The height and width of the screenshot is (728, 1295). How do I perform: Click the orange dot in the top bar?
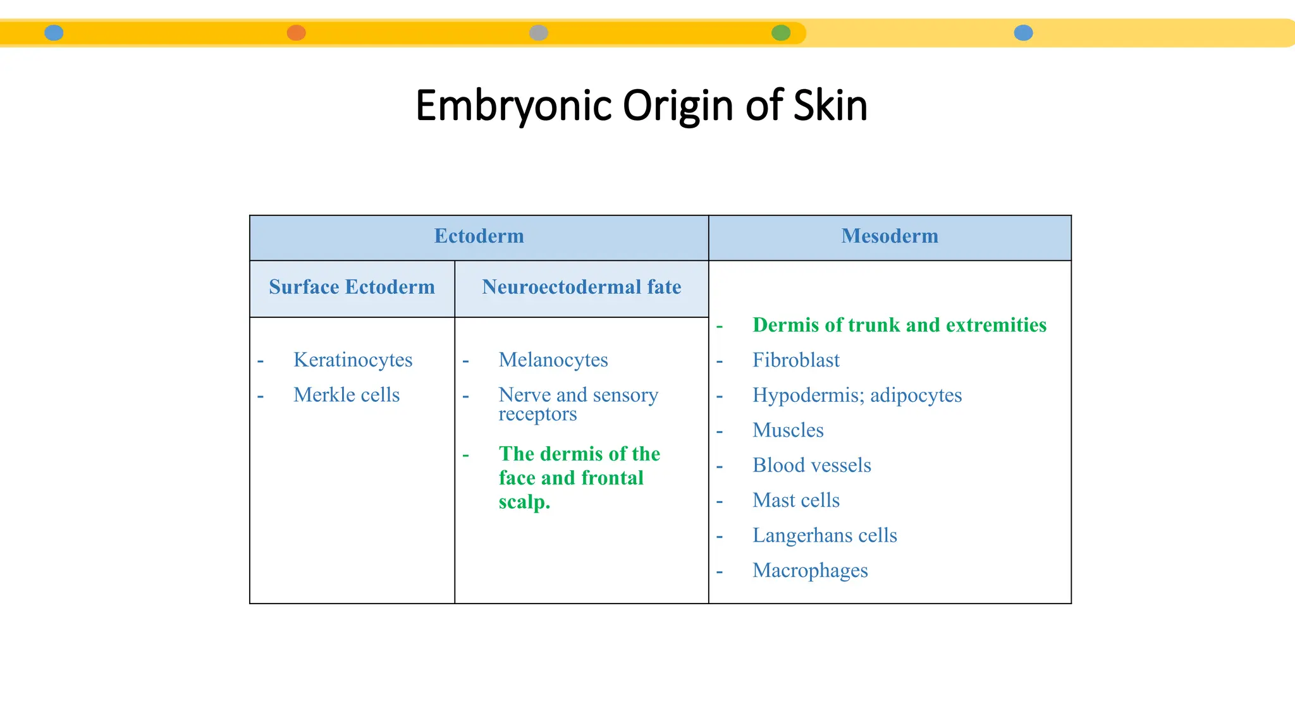click(x=296, y=33)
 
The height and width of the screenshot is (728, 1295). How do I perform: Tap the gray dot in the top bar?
click(x=538, y=33)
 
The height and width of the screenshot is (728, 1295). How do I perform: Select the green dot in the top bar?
click(x=781, y=33)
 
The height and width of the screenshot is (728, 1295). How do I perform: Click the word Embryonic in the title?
click(x=513, y=106)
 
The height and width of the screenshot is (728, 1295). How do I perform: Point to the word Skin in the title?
click(x=830, y=106)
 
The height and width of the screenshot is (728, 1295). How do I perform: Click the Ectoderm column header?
click(x=479, y=236)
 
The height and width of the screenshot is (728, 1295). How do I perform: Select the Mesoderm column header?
click(x=890, y=236)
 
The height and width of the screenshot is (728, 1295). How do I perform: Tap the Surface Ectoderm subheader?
click(x=352, y=288)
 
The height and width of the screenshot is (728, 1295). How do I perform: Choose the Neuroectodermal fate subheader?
click(x=581, y=288)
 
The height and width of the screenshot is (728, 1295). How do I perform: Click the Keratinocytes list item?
click(x=353, y=360)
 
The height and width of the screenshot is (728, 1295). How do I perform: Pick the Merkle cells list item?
click(x=347, y=395)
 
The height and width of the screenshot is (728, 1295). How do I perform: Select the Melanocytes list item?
click(x=553, y=360)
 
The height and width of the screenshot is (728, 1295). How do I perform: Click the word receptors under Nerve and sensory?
click(x=537, y=415)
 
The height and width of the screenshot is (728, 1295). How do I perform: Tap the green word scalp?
click(x=524, y=502)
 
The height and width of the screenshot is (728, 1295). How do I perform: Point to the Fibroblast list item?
click(x=796, y=360)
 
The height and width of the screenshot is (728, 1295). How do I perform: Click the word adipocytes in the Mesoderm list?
click(x=916, y=396)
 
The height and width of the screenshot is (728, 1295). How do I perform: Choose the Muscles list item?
click(x=788, y=430)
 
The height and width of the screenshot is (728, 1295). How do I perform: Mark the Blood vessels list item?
click(x=812, y=466)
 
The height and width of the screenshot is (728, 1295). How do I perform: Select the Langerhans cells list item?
click(x=825, y=536)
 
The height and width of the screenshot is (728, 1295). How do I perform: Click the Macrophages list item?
click(x=810, y=571)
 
